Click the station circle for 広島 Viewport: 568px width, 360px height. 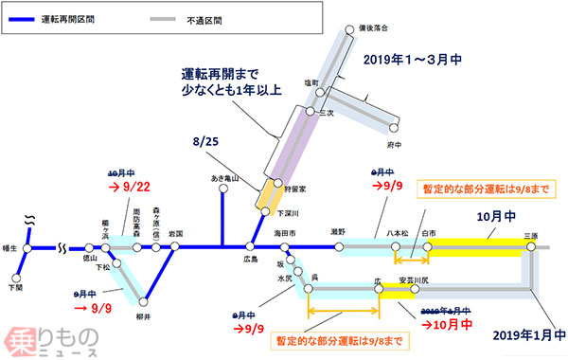251,248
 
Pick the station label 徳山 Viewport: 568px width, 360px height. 92,259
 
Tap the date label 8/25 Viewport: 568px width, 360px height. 209,142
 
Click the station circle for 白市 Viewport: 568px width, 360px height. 428,248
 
